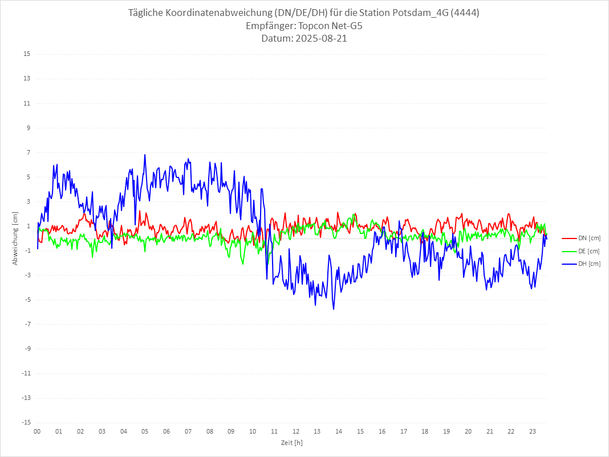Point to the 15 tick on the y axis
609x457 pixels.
[x=27, y=54]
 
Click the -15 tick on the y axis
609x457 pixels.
[x=26, y=422]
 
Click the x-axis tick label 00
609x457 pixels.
[x=37, y=431]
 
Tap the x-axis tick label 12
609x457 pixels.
[x=296, y=431]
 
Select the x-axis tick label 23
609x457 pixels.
[x=533, y=431]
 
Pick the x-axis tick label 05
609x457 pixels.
[x=145, y=431]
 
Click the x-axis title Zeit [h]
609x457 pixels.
[x=291, y=443]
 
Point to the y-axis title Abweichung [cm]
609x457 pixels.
[x=15, y=238]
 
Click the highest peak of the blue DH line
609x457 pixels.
[x=145, y=155]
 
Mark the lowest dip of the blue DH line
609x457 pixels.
[x=334, y=309]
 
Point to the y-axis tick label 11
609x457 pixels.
[x=27, y=103]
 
